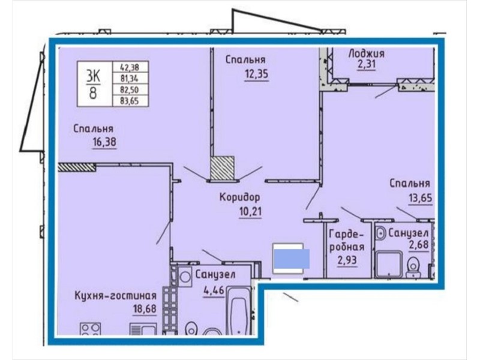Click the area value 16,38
coord(104,142)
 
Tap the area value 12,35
coord(257,74)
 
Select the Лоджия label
coord(367,53)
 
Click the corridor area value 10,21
coord(250,211)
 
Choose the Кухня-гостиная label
coord(116,295)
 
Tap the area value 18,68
coord(145,308)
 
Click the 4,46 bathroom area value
coord(214,289)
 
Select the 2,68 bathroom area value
coord(418,245)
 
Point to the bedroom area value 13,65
coord(421,198)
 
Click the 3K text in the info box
coord(93,77)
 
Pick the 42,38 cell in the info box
coord(131,67)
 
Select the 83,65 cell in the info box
coord(131,101)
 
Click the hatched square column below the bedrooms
coord(222,168)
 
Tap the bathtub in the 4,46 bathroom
coord(238,312)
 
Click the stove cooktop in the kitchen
coord(91,328)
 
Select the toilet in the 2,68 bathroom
coord(413,267)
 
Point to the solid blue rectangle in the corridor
coord(292,259)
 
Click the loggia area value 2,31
coord(366,65)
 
